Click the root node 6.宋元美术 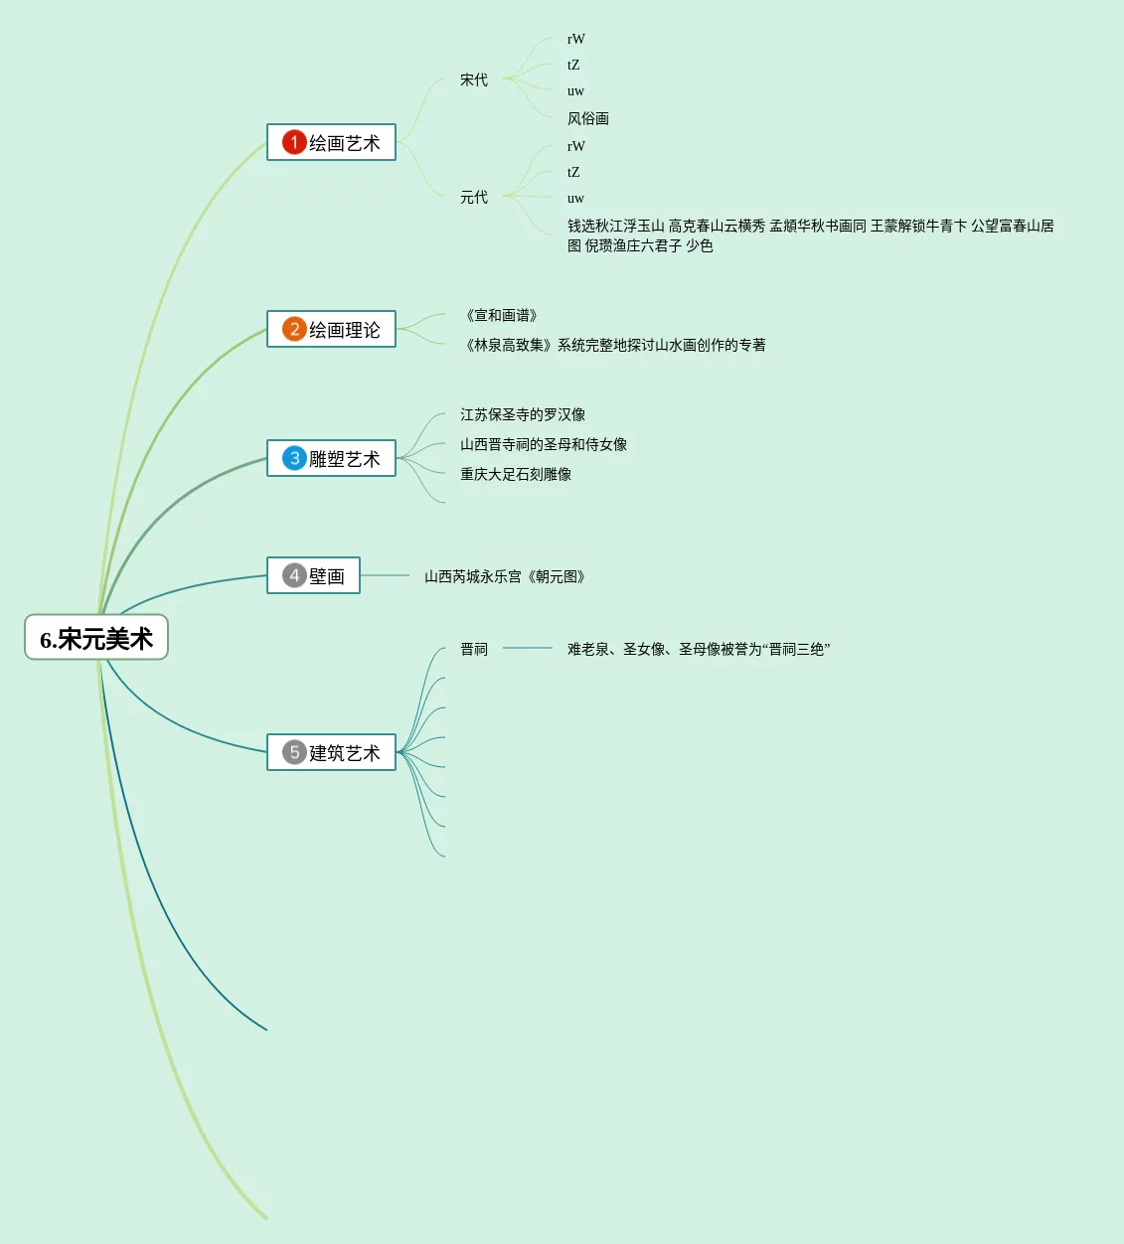pyautogui.click(x=96, y=638)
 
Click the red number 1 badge pyautogui.click(x=294, y=142)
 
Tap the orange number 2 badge pyautogui.click(x=294, y=329)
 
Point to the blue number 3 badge pyautogui.click(x=294, y=458)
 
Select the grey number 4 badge pyautogui.click(x=294, y=575)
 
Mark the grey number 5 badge pyautogui.click(x=294, y=752)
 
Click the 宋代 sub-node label pyautogui.click(x=474, y=79)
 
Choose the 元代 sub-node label pyautogui.click(x=474, y=198)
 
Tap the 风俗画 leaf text pyautogui.click(x=588, y=118)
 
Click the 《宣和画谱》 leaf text pyautogui.click(x=502, y=315)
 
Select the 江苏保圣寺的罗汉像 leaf pyautogui.click(x=523, y=414)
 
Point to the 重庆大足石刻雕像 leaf pyautogui.click(x=516, y=474)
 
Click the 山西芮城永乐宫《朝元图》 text pyautogui.click(x=505, y=576)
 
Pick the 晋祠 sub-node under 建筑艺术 pyautogui.click(x=474, y=649)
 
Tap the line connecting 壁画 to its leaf pyautogui.click(x=386, y=575)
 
